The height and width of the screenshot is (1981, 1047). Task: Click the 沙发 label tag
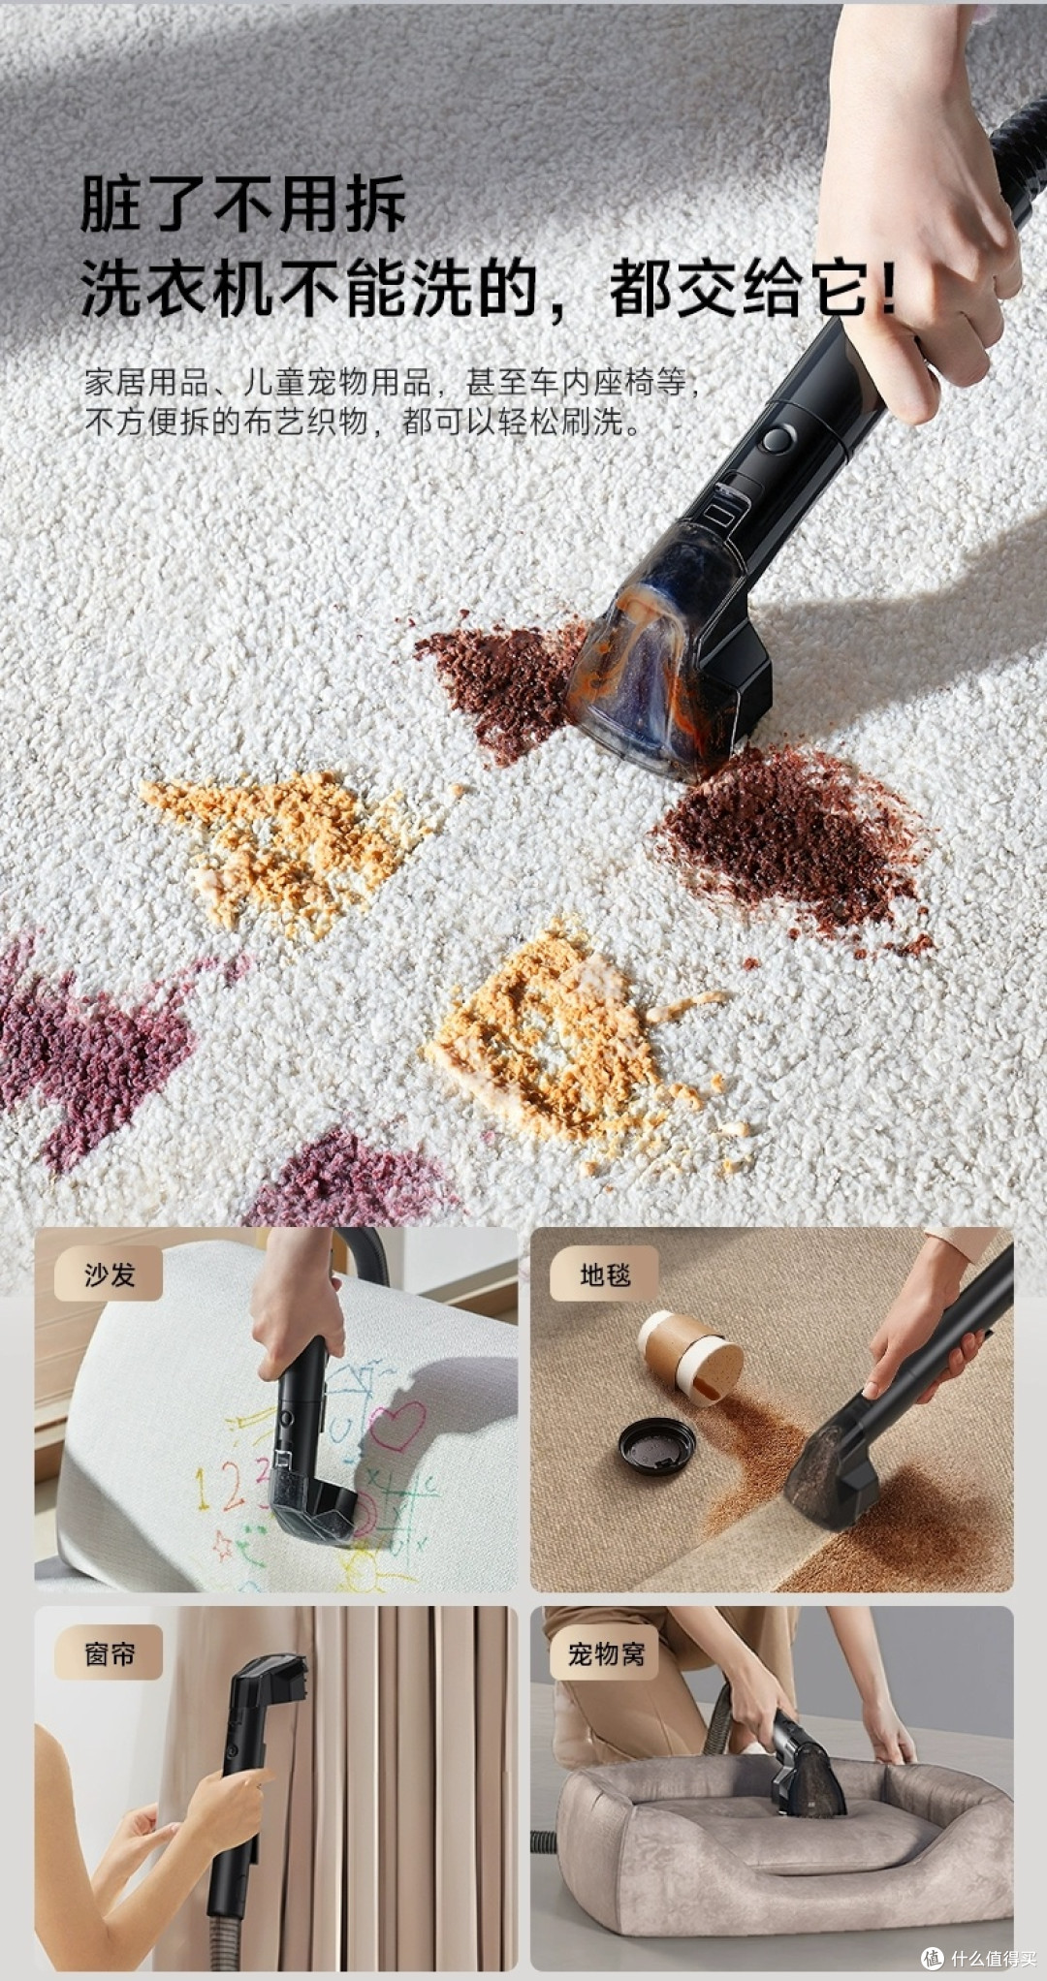109,1274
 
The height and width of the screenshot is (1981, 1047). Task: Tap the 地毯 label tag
605,1274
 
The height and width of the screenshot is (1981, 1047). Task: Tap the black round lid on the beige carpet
657,1444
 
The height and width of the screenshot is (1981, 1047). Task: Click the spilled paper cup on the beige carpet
690,1357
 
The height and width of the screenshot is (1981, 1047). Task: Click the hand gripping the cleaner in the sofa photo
296,1294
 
